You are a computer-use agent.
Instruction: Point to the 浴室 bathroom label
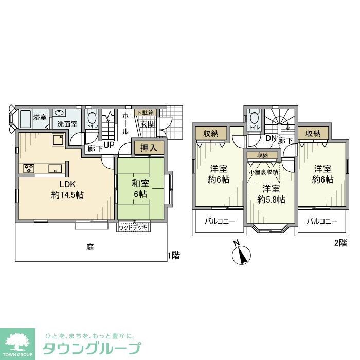coord(40,117)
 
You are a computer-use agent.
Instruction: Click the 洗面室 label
coord(67,124)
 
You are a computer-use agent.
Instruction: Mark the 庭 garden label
coord(89,247)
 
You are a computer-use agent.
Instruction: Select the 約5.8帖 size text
coord(271,200)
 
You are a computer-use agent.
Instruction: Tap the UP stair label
coord(109,145)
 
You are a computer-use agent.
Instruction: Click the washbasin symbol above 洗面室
coord(61,112)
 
